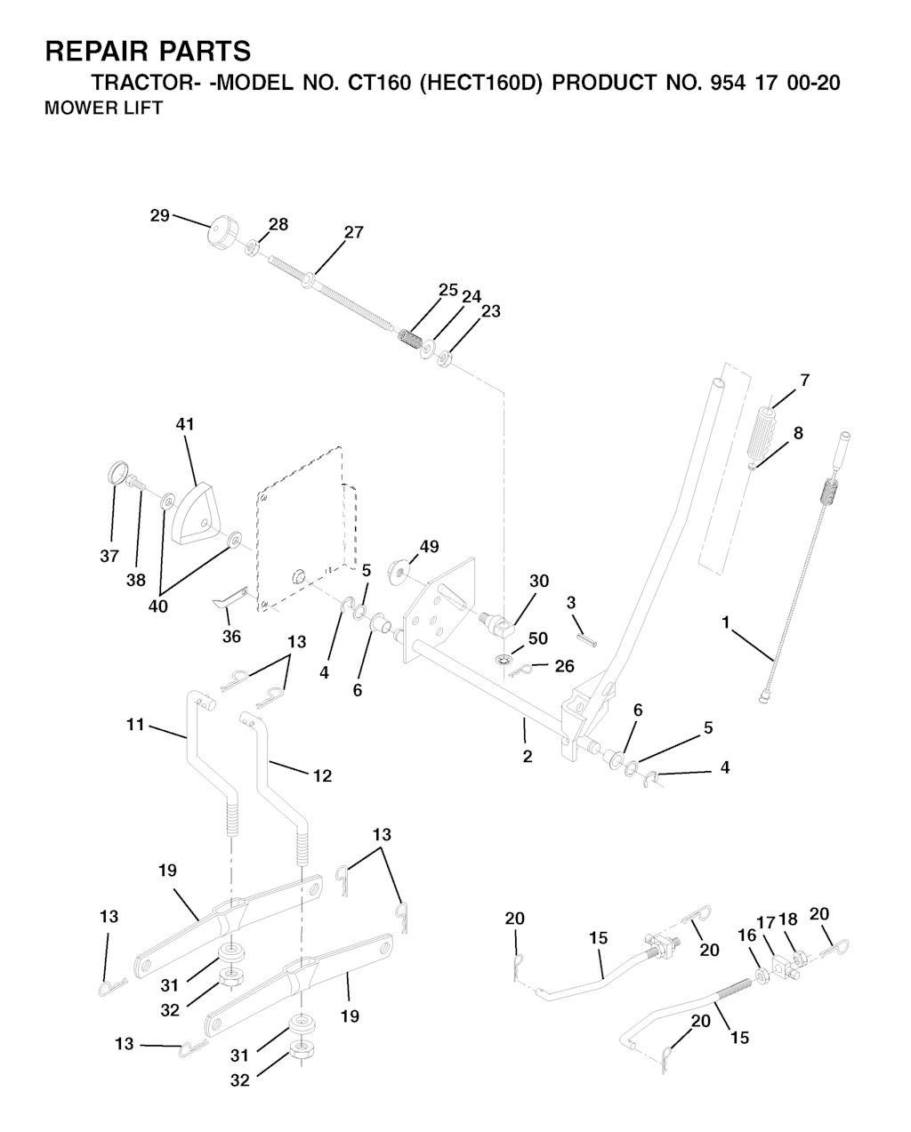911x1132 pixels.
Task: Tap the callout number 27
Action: coord(354,232)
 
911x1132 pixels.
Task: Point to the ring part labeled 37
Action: coord(117,471)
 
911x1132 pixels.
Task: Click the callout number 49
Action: coord(429,547)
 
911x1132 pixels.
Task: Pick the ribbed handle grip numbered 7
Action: coord(762,432)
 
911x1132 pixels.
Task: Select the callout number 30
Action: coord(539,581)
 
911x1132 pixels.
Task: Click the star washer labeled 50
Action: coord(504,659)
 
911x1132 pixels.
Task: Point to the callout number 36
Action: coord(231,637)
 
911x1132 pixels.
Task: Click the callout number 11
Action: coord(135,725)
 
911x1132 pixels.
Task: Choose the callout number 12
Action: coord(323,776)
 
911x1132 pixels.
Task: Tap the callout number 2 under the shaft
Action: coord(528,757)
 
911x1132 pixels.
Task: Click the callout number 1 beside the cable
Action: coord(726,622)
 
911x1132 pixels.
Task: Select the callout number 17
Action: coord(766,923)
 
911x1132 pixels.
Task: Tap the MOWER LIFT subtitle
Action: coord(104,108)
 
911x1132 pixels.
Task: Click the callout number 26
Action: coord(564,666)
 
